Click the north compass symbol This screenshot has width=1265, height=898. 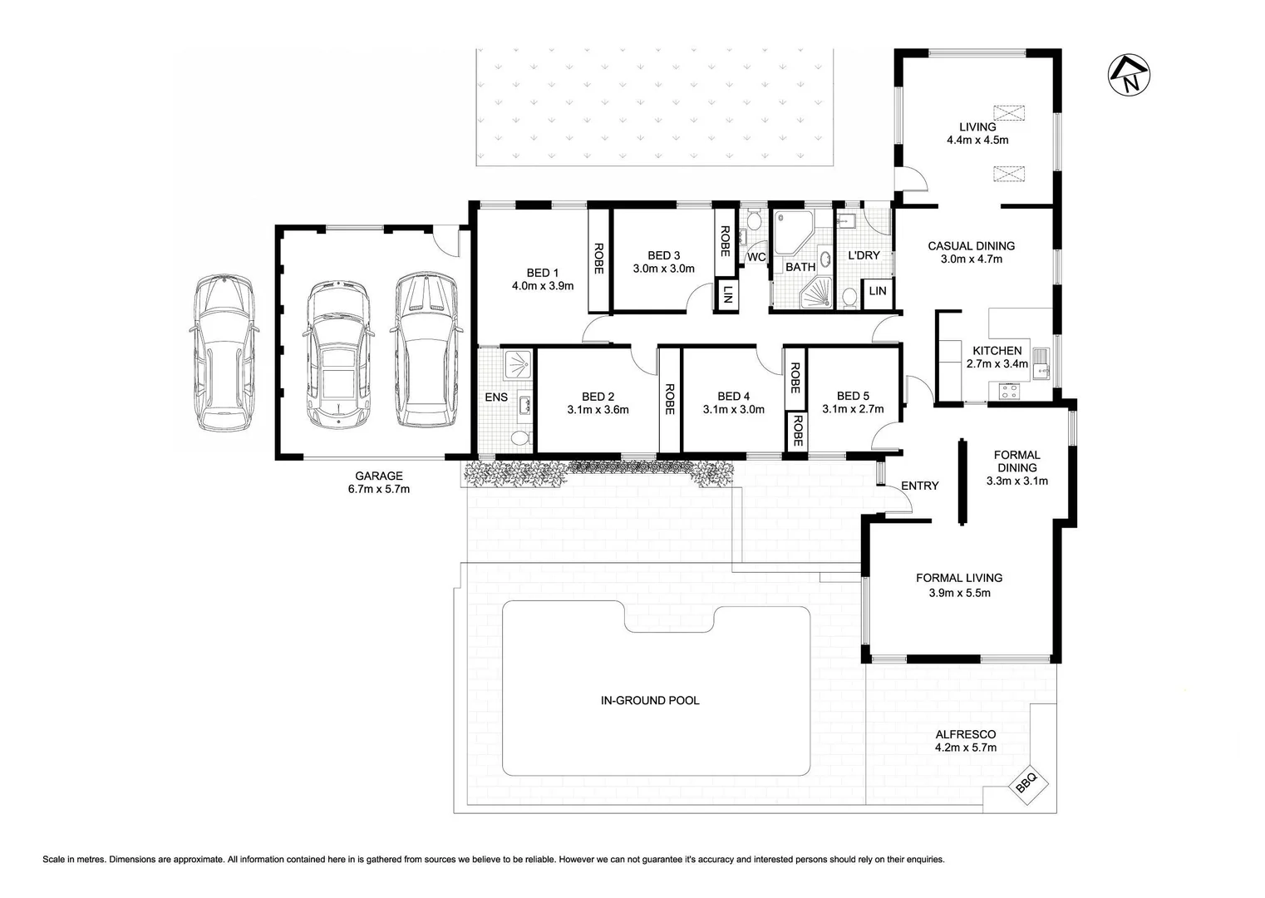tap(1130, 75)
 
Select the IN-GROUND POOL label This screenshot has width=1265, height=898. tap(650, 700)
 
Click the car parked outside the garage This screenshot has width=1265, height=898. tap(224, 353)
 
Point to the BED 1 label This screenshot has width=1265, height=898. tap(543, 273)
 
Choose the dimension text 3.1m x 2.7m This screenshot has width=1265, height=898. tap(853, 409)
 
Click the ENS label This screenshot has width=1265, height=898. tap(496, 397)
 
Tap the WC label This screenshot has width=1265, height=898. tap(756, 257)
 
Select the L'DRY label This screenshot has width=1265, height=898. tap(864, 254)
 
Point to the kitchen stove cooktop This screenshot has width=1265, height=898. tap(1008, 390)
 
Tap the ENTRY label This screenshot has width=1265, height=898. tap(919, 486)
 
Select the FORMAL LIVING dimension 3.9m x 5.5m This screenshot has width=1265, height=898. tap(959, 593)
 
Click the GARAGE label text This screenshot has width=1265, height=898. tap(379, 476)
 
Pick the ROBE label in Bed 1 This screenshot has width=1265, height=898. tap(598, 259)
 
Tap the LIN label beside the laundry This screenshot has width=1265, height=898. tap(878, 291)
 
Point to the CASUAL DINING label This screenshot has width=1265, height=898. tap(971, 245)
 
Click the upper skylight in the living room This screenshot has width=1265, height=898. tap(1009, 112)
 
